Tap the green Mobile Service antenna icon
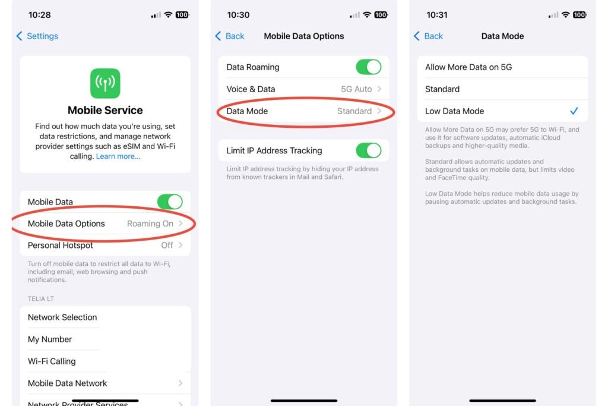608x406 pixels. tap(105, 83)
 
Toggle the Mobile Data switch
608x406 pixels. tap(170, 202)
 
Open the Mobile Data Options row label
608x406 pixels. tap(66, 224)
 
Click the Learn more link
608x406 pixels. tap(118, 156)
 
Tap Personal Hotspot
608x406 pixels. tap(61, 245)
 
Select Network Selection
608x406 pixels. tap(62, 317)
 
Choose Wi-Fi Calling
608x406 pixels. tap(52, 361)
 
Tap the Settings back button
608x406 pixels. tap(37, 36)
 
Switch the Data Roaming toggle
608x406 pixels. tap(368, 67)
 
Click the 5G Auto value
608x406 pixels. tap(356, 89)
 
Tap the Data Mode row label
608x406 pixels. tap(247, 111)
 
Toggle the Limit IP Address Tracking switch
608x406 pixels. tap(368, 150)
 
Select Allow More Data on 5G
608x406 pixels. tap(468, 67)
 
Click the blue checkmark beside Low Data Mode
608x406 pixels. tap(574, 111)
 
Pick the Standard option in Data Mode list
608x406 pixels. tap(442, 89)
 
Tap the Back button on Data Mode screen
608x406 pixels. tap(428, 36)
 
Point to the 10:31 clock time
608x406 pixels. tap(436, 15)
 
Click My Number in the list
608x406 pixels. tap(50, 339)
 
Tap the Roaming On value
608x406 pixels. tap(150, 224)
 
